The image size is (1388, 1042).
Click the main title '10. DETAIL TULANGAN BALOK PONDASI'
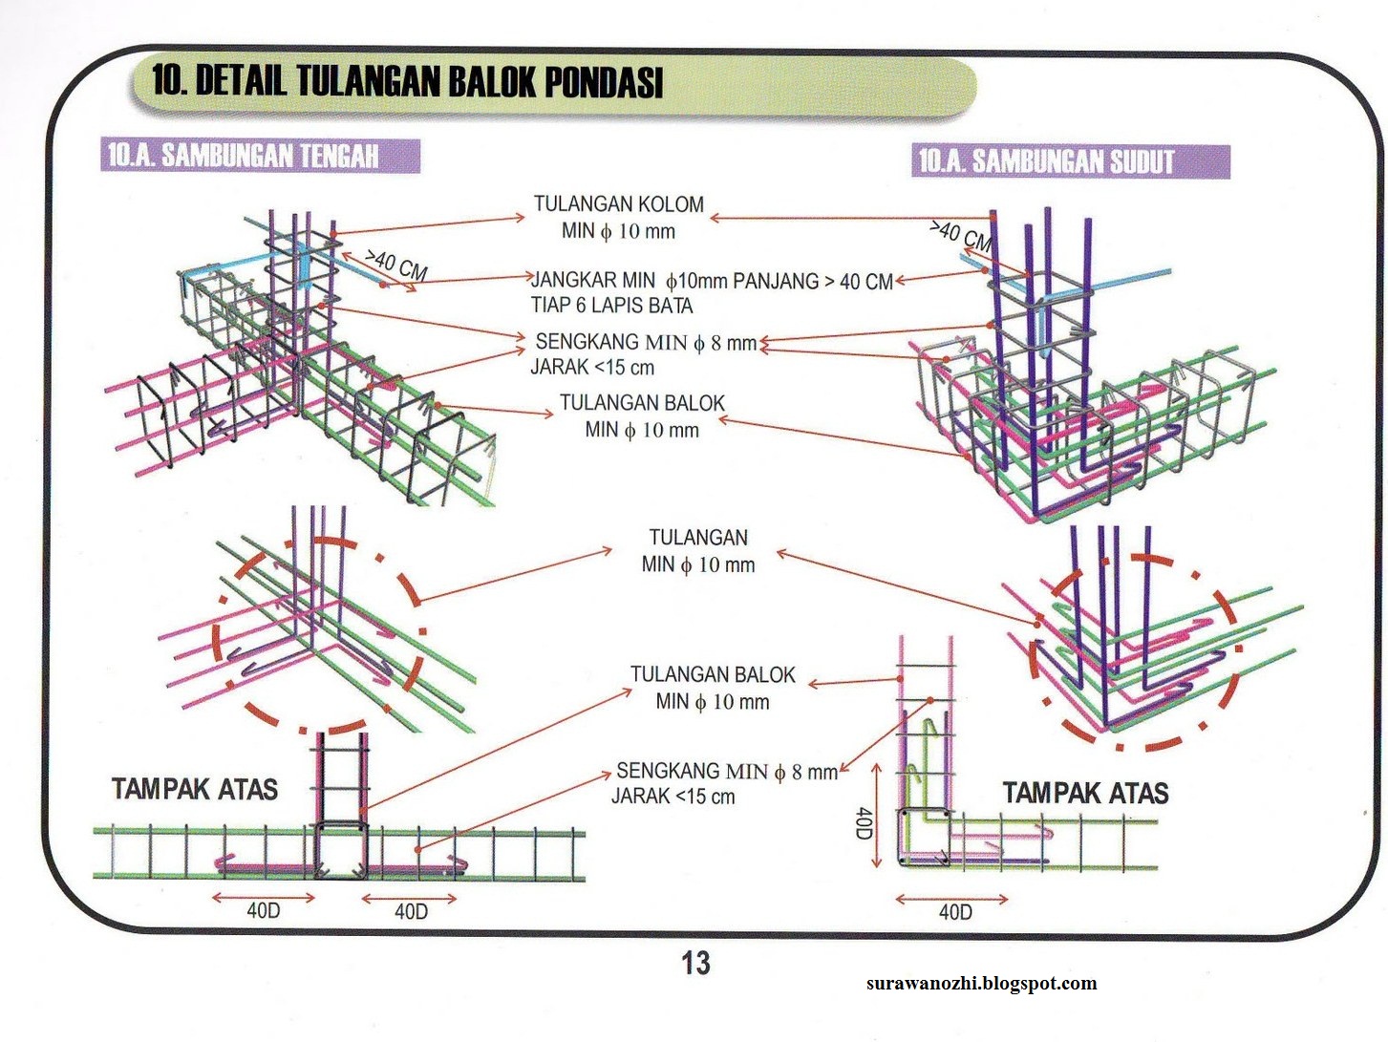(407, 81)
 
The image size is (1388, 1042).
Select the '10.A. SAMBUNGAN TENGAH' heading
(243, 156)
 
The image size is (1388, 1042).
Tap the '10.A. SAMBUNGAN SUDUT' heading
(1046, 160)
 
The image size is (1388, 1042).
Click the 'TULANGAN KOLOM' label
(618, 204)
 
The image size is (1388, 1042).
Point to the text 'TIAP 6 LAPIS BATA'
(611, 307)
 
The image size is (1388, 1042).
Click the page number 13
(695, 963)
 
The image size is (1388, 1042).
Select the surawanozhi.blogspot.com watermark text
(982, 983)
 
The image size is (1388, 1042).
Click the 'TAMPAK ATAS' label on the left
(195, 789)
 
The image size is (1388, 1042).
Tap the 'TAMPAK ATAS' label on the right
(1085, 793)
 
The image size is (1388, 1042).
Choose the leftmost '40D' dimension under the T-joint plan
(264, 911)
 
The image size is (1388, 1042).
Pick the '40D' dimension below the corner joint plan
(954, 912)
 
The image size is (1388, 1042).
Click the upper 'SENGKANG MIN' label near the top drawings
(645, 342)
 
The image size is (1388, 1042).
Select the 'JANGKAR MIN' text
(592, 281)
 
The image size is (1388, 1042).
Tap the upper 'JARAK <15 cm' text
(592, 368)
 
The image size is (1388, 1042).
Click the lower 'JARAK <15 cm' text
(673, 797)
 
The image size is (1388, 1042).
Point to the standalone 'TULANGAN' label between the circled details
(698, 538)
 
